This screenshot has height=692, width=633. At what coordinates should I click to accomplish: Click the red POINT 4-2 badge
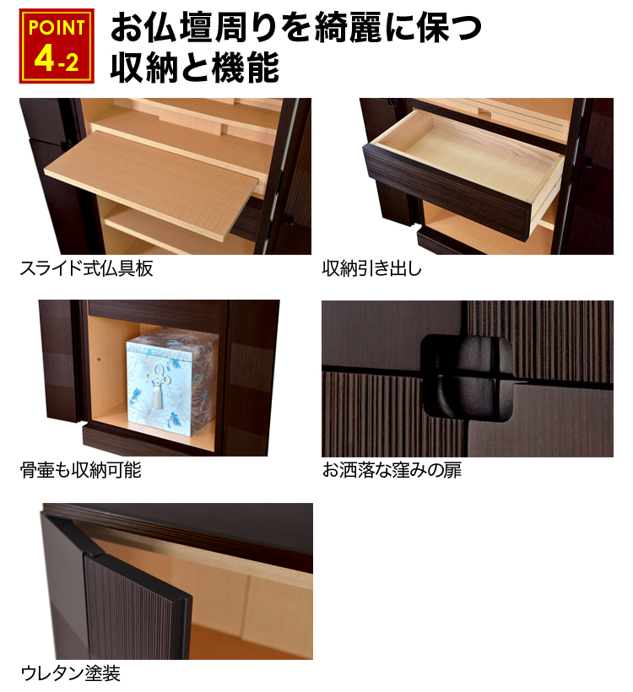(x=57, y=46)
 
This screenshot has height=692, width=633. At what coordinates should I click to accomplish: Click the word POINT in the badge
(x=57, y=28)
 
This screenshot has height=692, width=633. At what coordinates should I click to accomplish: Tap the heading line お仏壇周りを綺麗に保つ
(x=295, y=27)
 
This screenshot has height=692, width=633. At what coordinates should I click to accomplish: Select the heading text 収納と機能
(x=195, y=67)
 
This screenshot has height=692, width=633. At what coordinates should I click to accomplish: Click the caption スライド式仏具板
(x=87, y=268)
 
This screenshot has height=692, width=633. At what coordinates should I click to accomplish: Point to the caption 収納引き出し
(x=371, y=268)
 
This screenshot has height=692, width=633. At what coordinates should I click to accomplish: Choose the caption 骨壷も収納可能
(x=81, y=470)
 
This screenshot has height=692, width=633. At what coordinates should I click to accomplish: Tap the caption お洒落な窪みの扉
(x=392, y=470)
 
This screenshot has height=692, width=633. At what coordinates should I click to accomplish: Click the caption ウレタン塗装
(x=71, y=673)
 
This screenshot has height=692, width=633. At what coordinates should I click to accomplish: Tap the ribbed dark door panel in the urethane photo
(x=137, y=608)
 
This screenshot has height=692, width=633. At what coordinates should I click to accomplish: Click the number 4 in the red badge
(x=44, y=59)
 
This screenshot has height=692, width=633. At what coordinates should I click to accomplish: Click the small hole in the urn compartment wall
(x=98, y=360)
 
